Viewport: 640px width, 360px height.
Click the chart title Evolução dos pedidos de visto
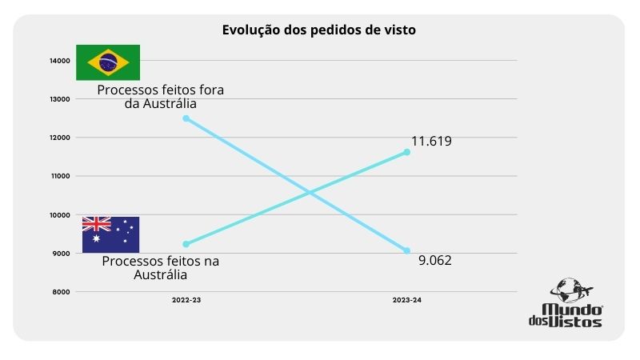click(319, 30)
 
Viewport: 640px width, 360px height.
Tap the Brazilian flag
click(108, 62)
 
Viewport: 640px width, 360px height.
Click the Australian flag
click(110, 234)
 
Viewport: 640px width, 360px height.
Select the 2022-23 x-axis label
click(186, 299)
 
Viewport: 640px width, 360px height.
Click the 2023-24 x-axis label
click(406, 299)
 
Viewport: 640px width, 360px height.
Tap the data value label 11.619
click(432, 142)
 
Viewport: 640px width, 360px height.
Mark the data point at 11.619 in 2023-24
click(406, 152)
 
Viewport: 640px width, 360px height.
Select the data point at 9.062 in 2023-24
click(406, 251)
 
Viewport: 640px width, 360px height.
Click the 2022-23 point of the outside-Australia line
click(186, 118)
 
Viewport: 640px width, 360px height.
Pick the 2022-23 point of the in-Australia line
click(186, 244)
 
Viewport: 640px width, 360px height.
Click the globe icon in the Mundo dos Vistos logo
click(569, 290)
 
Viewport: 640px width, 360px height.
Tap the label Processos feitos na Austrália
click(161, 268)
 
